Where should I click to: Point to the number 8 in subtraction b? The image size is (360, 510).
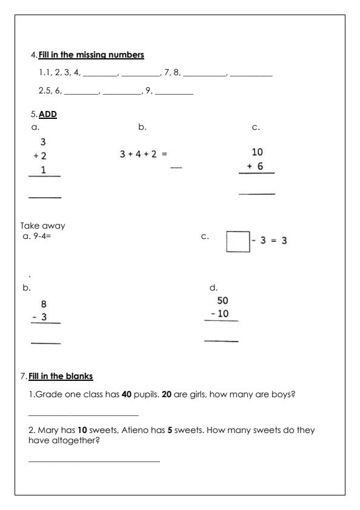coord(44,304)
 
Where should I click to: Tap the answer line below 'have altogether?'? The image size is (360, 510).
coord(94,462)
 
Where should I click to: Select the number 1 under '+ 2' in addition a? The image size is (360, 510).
coord(44,170)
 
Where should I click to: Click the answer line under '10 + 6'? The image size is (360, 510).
coord(256,194)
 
